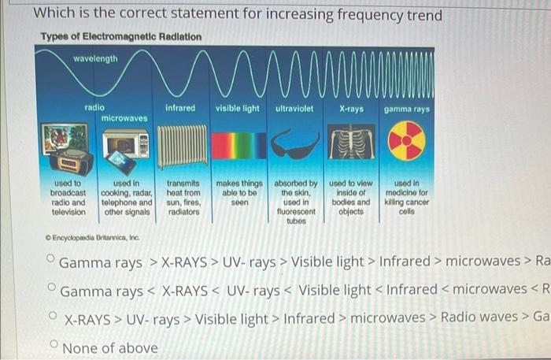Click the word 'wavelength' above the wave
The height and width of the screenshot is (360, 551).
pos(95,58)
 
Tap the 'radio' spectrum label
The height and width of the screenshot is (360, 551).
pos(95,107)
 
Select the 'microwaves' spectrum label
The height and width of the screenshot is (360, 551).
pos(124,117)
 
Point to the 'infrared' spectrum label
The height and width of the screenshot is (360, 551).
pos(180,108)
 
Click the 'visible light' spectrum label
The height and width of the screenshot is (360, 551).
pos(238,108)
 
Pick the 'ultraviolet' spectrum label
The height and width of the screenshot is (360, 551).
pos(295,108)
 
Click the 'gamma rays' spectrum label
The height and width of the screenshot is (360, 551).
pos(407,108)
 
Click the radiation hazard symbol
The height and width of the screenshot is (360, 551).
pos(407,142)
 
